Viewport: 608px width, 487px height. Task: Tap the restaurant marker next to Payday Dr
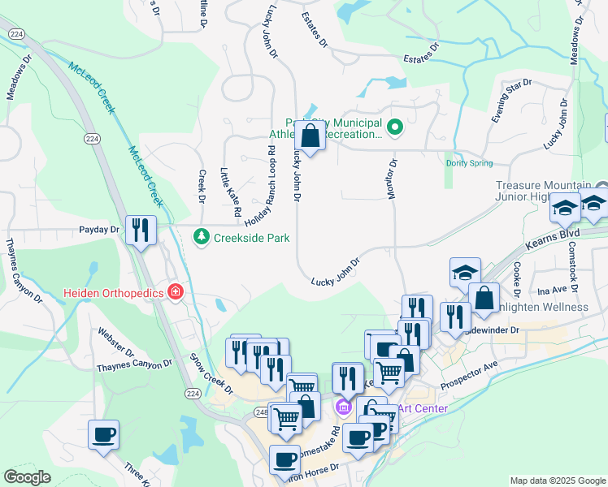[x=140, y=231]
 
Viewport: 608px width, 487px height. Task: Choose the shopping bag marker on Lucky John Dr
[x=310, y=134]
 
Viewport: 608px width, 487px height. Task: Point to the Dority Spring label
[x=469, y=163]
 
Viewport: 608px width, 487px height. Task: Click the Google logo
[x=27, y=477]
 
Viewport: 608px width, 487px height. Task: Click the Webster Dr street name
[x=115, y=342]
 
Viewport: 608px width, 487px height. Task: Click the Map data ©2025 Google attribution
[x=558, y=481]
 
